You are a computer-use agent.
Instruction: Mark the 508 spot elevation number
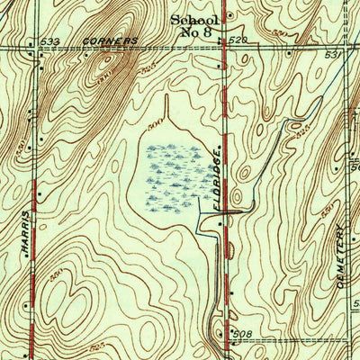click(240, 333)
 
